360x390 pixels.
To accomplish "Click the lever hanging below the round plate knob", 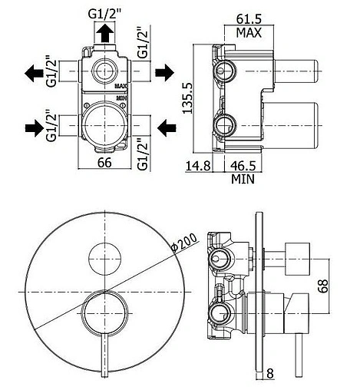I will click(103, 361).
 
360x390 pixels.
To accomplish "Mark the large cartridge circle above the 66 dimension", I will click(104, 123).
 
